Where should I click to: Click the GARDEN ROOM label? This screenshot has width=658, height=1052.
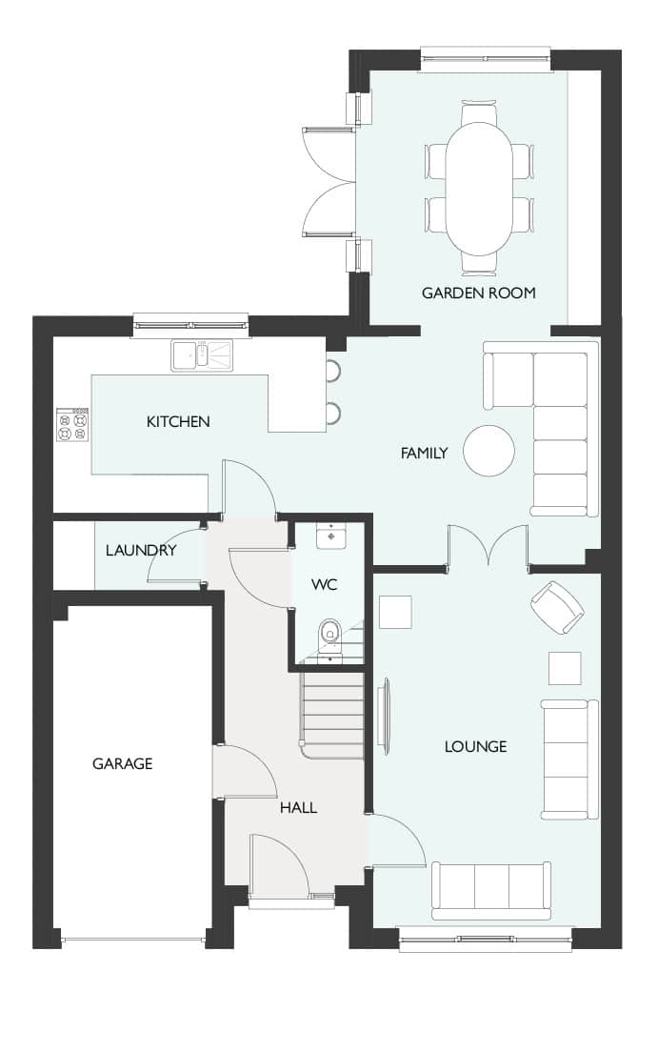tap(478, 293)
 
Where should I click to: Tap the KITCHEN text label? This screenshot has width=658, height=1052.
tap(178, 421)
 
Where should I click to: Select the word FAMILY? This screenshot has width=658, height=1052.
tap(424, 454)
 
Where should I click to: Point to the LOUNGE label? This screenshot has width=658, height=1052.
tap(475, 747)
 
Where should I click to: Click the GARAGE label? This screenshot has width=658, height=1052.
tap(122, 763)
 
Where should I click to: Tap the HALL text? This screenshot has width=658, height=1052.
tap(298, 808)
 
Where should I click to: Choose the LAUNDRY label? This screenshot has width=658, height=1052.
tap(141, 550)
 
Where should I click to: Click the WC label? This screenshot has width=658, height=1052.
tap(324, 584)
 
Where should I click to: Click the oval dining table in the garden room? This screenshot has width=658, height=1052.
tap(479, 189)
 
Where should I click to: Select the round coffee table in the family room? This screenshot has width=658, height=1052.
tap(489, 450)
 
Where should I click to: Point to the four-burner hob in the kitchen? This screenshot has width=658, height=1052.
tap(71, 425)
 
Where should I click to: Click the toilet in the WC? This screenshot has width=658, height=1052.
tap(329, 635)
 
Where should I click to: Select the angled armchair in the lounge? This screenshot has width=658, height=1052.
tap(557, 607)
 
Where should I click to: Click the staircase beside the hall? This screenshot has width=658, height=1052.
tap(332, 716)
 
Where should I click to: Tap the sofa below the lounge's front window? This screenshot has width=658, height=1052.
tap(491, 891)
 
